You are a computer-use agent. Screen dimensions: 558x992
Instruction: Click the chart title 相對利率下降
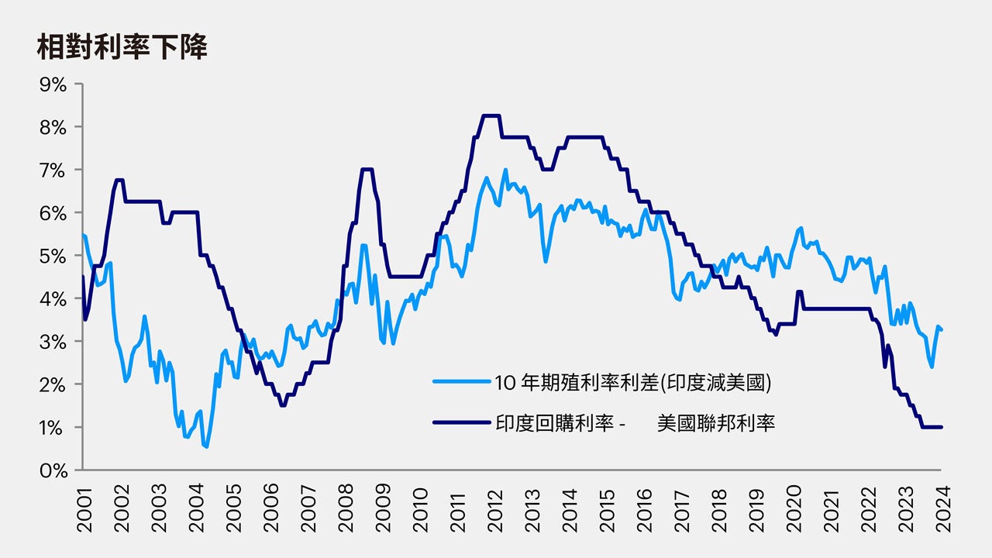(x=122, y=48)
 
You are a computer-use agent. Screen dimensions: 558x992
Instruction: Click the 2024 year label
(x=942, y=509)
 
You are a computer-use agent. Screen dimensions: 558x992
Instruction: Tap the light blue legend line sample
(x=462, y=381)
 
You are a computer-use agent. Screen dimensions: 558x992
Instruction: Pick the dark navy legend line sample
(x=462, y=423)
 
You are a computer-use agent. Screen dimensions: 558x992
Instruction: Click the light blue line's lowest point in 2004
(x=206, y=446)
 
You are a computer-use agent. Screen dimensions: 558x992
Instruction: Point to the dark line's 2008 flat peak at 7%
(x=367, y=170)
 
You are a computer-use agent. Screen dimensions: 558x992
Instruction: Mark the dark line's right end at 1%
(x=941, y=427)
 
